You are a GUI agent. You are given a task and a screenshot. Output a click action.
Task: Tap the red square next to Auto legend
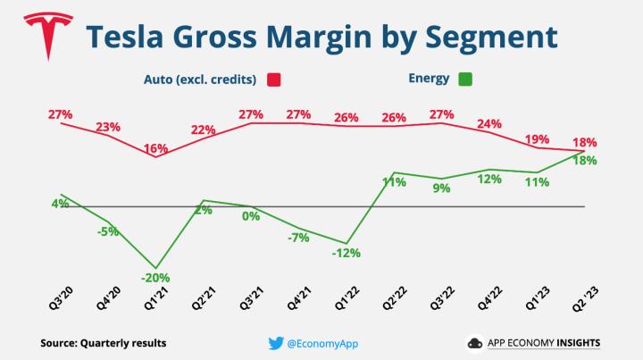coord(273,79)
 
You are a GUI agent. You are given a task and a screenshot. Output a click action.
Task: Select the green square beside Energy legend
coord(464,79)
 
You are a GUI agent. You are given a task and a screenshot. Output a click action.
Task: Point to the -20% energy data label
coord(156,277)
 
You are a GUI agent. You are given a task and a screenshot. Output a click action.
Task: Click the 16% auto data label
coord(156,147)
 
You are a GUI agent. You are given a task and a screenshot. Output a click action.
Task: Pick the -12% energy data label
coord(346,253)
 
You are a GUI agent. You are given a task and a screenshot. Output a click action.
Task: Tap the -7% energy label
coord(297,238)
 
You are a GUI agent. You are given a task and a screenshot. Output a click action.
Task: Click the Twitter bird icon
coord(275,342)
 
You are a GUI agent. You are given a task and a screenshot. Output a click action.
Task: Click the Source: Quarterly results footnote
coord(104,342)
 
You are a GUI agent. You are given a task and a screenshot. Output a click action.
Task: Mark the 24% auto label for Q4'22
coord(489,124)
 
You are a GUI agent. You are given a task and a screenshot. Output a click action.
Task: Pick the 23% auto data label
coord(108,126)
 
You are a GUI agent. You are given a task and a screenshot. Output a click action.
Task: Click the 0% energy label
coord(251,215)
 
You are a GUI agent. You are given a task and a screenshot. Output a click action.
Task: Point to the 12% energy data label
coord(489,179)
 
